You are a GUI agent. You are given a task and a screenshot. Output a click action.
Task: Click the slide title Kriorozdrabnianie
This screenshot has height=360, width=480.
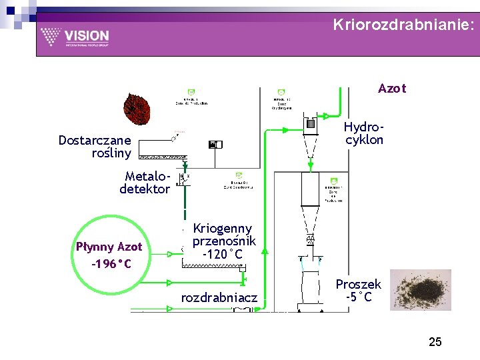click(x=403, y=25)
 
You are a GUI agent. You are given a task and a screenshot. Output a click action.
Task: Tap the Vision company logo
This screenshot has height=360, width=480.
click(x=74, y=37)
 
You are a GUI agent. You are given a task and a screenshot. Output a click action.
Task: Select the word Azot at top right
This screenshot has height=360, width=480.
click(x=391, y=89)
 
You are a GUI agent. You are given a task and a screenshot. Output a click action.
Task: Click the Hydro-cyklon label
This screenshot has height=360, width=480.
click(x=364, y=133)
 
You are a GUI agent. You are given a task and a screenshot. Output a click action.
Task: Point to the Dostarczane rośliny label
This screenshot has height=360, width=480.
click(x=95, y=146)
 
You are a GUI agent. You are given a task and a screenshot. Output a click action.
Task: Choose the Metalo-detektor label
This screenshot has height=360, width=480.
click(x=145, y=182)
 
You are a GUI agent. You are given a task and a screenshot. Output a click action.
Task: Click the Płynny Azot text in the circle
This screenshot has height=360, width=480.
click(x=109, y=247)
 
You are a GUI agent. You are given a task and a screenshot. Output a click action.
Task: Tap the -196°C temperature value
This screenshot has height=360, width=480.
click(x=111, y=265)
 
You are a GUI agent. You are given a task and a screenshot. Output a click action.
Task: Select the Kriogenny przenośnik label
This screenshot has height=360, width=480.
click(x=223, y=235)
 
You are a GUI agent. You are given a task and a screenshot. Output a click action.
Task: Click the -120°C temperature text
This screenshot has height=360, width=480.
click(x=224, y=254)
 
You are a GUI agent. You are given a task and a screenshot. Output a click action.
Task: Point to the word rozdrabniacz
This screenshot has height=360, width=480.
click(x=219, y=297)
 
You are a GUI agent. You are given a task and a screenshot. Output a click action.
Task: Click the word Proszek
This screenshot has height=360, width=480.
click(x=358, y=285)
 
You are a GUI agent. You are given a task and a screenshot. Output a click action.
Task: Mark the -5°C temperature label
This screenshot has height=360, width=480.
click(x=359, y=297)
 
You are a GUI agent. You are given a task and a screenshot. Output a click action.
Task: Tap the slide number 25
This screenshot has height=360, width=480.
click(x=435, y=342)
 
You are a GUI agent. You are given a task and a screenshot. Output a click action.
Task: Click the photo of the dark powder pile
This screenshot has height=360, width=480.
click(x=421, y=289)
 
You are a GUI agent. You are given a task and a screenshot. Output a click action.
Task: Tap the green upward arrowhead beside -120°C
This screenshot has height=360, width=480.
click(x=265, y=252)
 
